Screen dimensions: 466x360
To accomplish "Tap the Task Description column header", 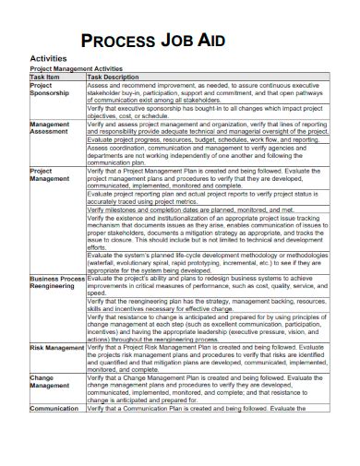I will tap(119, 78).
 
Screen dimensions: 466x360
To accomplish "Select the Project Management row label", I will tap(50, 175).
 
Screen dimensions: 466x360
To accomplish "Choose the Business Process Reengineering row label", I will tap(57, 282).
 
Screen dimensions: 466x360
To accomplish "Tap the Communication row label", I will tap(54, 408).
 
